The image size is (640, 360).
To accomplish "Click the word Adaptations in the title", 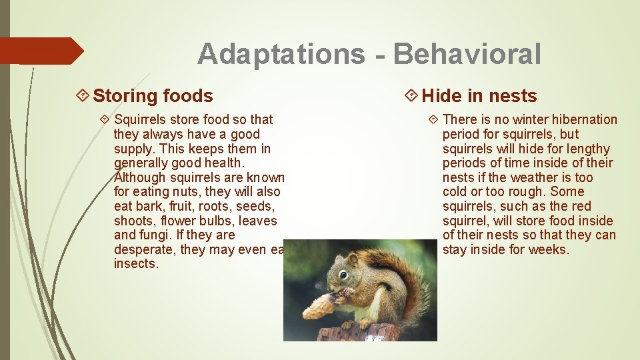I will point(281,54).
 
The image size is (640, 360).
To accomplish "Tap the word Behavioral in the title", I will point(467,54).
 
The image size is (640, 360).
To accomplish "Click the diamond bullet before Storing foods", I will point(83,96).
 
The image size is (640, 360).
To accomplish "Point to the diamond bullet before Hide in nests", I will point(411,96).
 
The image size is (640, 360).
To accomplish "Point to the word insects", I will point(136,263).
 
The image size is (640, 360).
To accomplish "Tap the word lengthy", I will point(587,148).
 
